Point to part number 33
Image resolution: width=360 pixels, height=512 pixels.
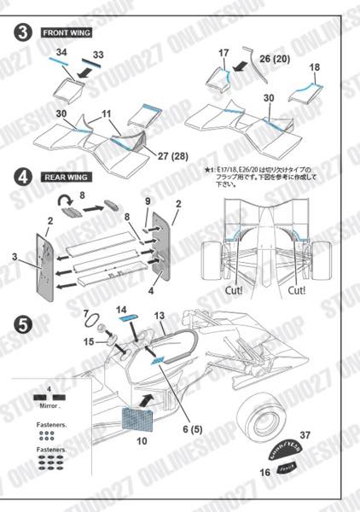tap(98, 55)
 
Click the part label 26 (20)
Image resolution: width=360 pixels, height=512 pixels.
tap(276, 58)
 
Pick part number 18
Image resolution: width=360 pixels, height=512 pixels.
tap(315, 67)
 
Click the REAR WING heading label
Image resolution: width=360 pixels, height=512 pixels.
tap(66, 177)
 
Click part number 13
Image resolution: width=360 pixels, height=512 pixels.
tap(159, 316)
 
